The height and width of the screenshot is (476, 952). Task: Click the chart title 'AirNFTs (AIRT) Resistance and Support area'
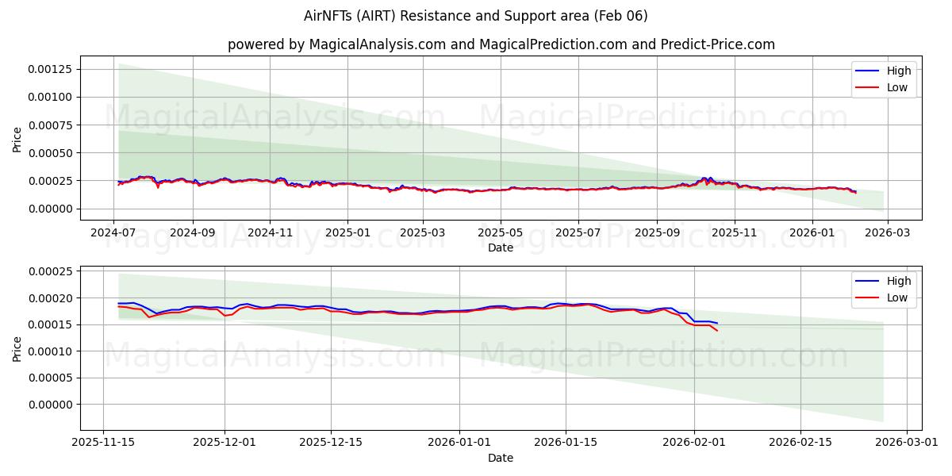coord(475,16)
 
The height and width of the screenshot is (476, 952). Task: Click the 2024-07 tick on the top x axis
coord(114,232)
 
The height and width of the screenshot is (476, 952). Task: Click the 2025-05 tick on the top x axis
coord(501,232)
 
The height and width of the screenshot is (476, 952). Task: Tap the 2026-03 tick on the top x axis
coord(887,232)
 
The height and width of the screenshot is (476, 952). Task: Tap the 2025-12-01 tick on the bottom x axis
coord(225,443)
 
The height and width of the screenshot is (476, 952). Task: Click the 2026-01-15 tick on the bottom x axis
coord(566,443)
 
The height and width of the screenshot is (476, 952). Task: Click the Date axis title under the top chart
coord(501,248)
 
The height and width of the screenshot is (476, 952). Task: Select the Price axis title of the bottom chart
coord(17,347)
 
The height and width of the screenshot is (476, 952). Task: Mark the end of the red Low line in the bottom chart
coord(717,330)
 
